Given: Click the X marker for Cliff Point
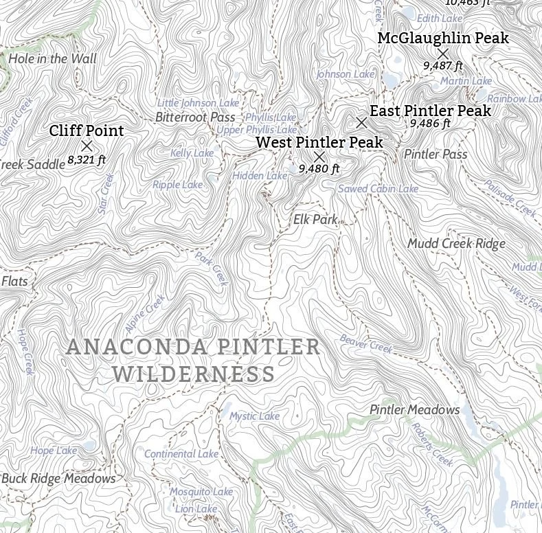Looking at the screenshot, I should (x=87, y=146).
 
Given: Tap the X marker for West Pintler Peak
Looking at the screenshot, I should (x=319, y=157).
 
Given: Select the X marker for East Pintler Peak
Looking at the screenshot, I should (x=361, y=123).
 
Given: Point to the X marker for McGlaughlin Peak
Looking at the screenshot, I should (x=443, y=53).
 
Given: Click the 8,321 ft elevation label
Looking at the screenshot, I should (x=87, y=160).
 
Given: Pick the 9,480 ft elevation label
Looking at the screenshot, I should (x=319, y=168).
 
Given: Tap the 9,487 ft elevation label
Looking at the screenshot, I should (x=442, y=66).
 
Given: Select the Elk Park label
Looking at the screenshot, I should (x=315, y=220).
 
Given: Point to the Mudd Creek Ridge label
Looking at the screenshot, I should (x=456, y=244).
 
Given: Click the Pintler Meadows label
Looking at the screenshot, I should (x=414, y=410).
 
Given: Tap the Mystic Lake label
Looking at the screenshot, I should (x=254, y=416).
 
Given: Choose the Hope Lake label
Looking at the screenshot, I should (x=54, y=451).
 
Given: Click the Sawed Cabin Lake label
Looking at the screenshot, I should (x=378, y=189).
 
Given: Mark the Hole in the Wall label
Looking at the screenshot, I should (x=52, y=59).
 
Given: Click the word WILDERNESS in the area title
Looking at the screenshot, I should (x=194, y=375).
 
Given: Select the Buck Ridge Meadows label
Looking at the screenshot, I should (x=58, y=479).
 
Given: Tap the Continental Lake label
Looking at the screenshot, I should (x=181, y=454).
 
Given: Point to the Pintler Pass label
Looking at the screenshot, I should (x=436, y=155).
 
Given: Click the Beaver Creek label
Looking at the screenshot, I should (x=366, y=344).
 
